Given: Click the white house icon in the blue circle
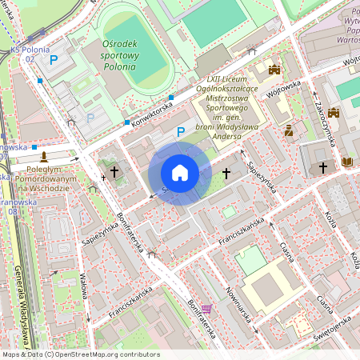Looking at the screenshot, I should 180,172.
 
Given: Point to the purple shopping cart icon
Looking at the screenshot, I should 207,309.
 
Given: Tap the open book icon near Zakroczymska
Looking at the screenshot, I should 346,162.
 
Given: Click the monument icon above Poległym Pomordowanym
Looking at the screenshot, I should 45,156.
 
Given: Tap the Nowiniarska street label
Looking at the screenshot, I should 239,305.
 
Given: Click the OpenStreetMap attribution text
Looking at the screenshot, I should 80,354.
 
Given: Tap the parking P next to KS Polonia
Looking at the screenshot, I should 54,59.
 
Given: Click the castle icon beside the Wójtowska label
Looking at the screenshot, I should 277,70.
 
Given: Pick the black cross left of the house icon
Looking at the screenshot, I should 114,171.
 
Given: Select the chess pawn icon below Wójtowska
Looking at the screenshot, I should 288,130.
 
